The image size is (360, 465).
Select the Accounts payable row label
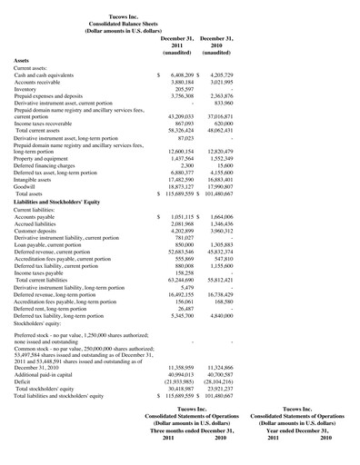click(41, 217)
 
